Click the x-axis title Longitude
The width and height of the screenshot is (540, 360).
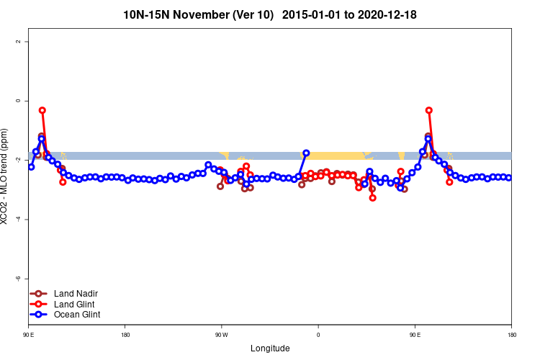coord(270,348)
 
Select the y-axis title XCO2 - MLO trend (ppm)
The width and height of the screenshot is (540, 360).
coord(6,177)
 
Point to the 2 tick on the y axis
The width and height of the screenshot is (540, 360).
coord(18,42)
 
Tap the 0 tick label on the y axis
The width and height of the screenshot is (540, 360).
coord(18,101)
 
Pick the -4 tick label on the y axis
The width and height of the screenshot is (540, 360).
coord(18,219)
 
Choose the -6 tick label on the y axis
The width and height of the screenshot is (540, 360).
coord(18,278)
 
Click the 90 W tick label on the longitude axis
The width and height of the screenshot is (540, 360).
coord(221,336)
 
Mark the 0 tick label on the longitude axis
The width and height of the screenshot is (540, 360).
coord(318,336)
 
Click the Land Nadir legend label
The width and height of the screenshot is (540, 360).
coord(76,294)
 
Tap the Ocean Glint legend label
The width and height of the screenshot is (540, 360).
coord(77,314)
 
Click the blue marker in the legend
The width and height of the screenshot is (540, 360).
coord(42,314)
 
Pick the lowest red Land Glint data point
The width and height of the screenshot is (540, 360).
coord(372,197)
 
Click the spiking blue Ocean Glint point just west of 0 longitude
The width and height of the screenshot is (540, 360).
coord(306,153)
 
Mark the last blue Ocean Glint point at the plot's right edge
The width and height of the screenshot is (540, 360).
coord(508,177)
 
